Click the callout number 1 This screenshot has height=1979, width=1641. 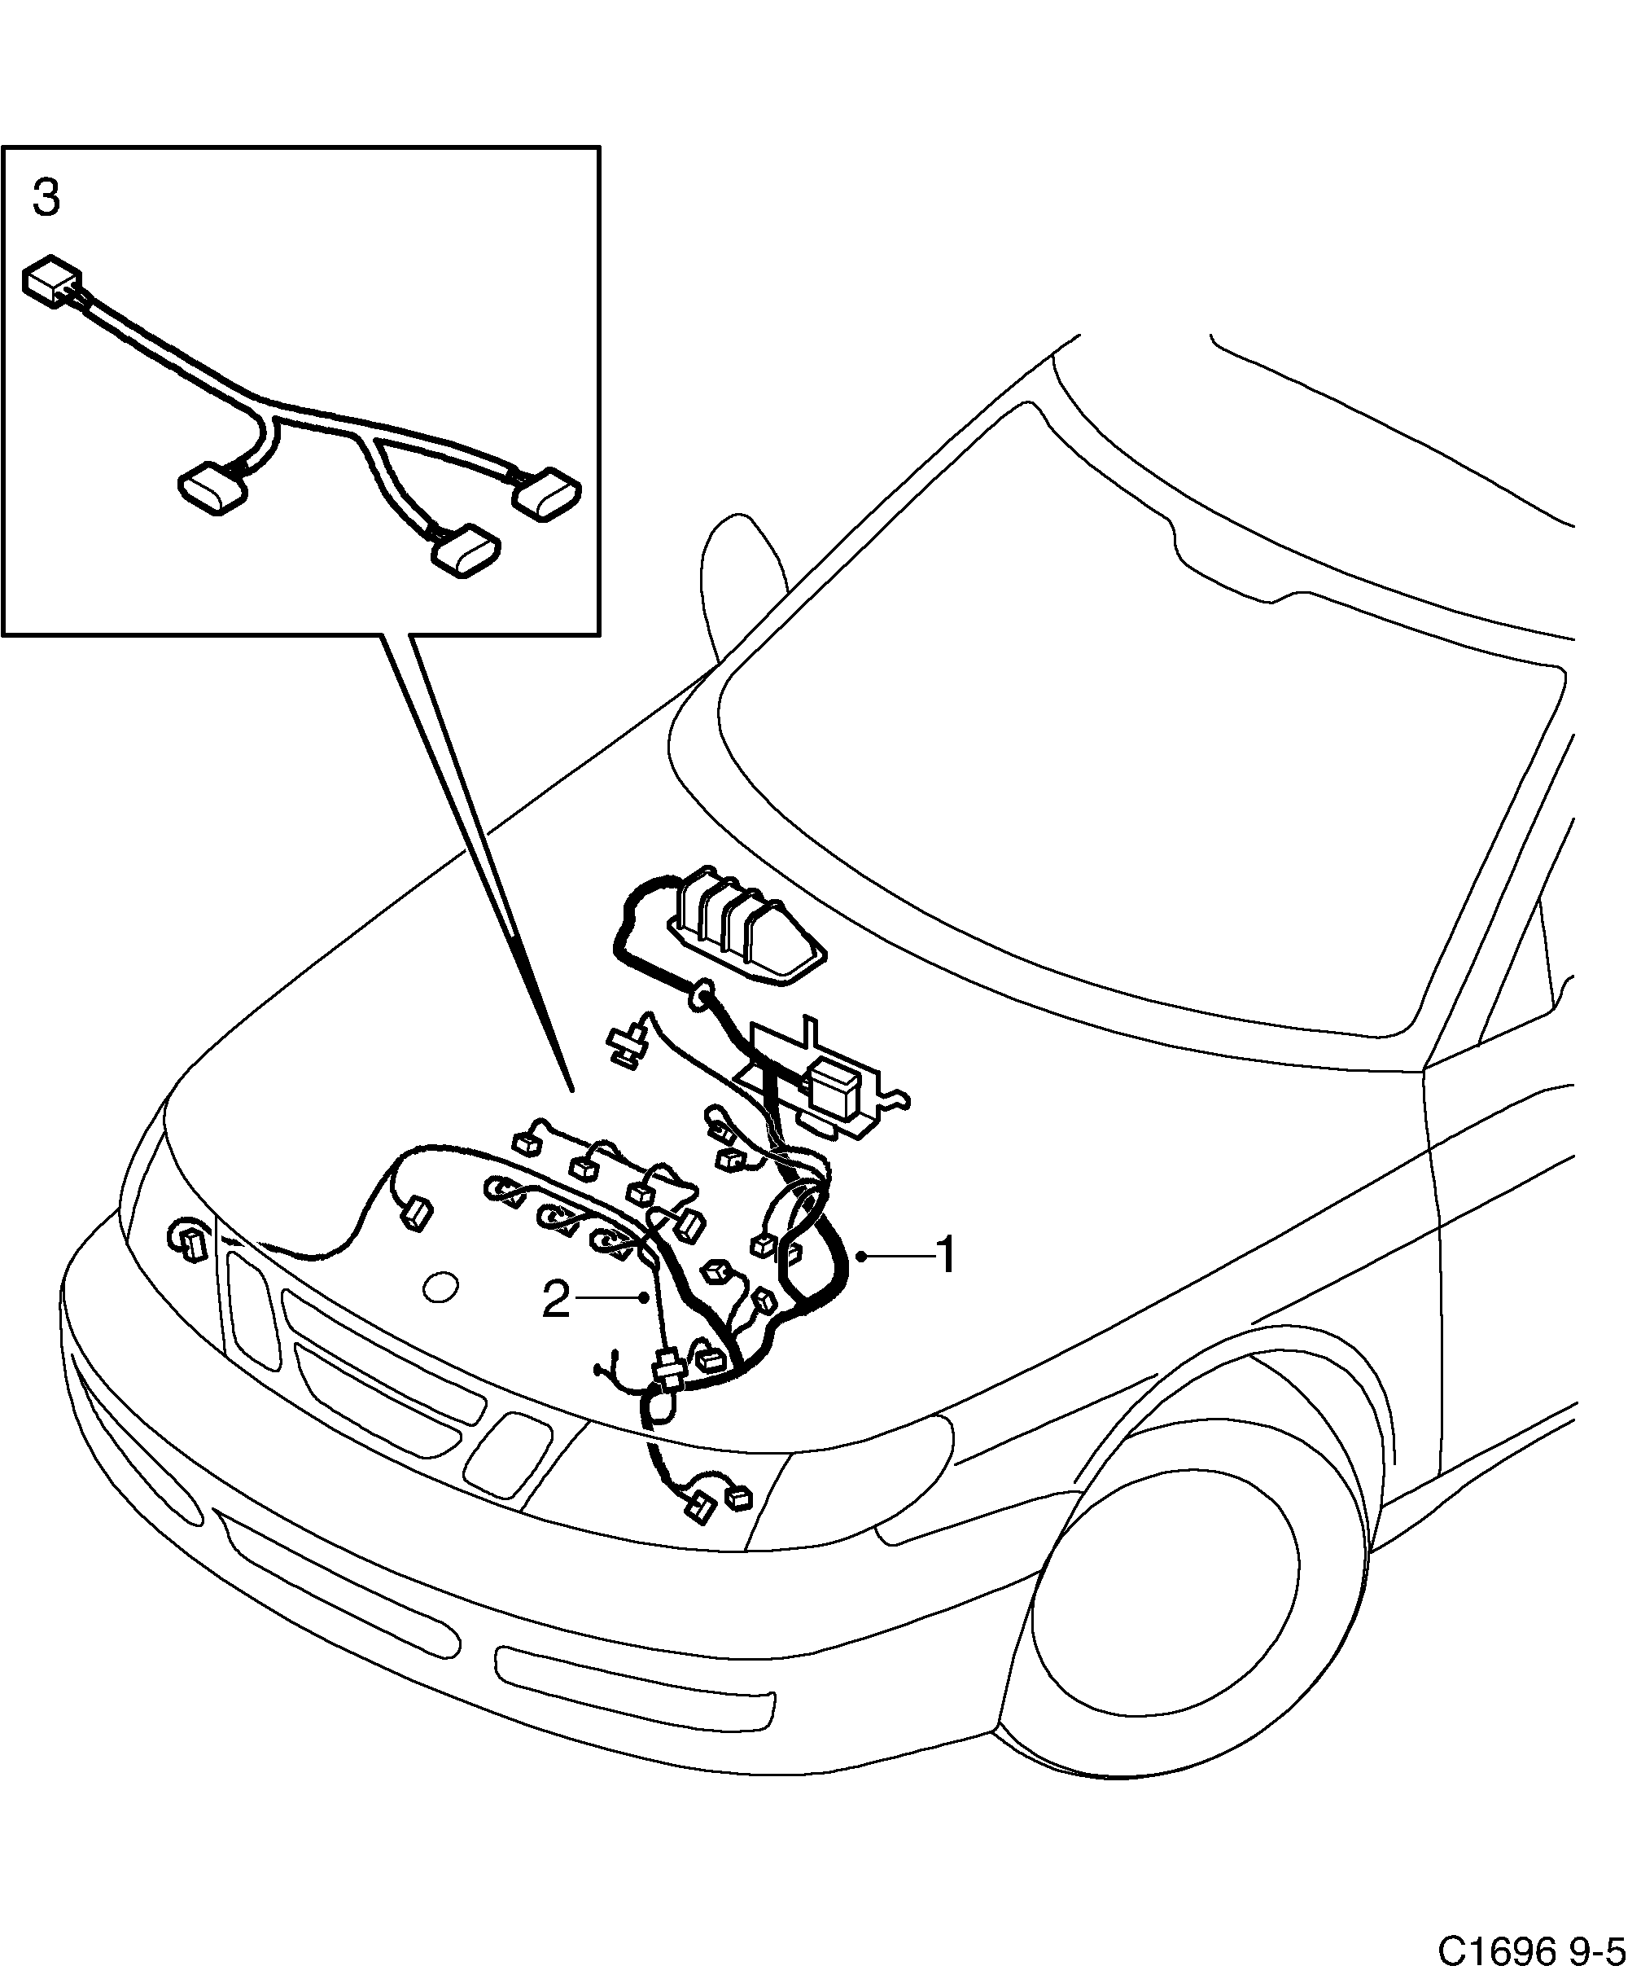(945, 1255)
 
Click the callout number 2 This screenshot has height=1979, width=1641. (556, 1301)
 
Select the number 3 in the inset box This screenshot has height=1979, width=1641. (46, 200)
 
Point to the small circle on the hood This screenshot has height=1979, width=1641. (441, 1288)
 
